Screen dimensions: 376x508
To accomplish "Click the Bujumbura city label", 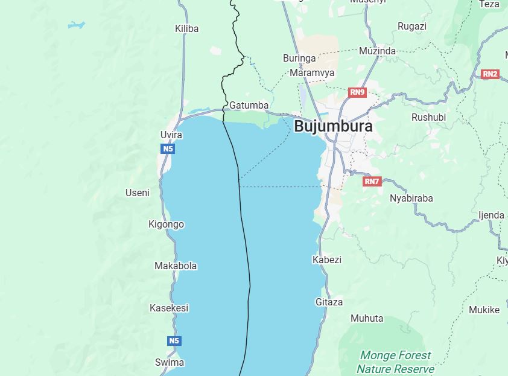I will coord(333,126).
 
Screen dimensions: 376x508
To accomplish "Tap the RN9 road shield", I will coord(357,92).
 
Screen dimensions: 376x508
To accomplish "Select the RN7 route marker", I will coord(372,181).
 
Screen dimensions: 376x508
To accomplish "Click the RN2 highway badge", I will coord(490,74).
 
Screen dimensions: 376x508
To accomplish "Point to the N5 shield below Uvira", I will coord(168,148).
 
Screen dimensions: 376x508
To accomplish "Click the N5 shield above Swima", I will coord(174,341).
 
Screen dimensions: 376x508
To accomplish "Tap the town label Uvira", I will coord(171,135).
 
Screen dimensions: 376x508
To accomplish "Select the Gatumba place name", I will coord(249,105).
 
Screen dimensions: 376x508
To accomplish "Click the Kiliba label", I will coord(186,28).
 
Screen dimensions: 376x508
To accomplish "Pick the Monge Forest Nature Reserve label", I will coord(395,362).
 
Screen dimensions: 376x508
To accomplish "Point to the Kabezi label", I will coord(326,260).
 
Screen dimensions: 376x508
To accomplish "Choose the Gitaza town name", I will coord(329,302).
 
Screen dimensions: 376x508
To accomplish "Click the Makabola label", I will coord(176,266).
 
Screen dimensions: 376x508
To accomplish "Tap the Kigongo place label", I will coord(166,224).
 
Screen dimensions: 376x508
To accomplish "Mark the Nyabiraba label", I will coord(411,198).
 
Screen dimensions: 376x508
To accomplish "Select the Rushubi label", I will coord(428,117).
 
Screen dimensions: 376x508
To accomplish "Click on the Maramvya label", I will coord(312,72).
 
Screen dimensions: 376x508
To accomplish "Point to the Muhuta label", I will coord(366,318).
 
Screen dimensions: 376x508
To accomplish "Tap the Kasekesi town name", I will coord(169,308).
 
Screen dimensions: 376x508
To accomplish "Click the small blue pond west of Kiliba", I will coord(76,25).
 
